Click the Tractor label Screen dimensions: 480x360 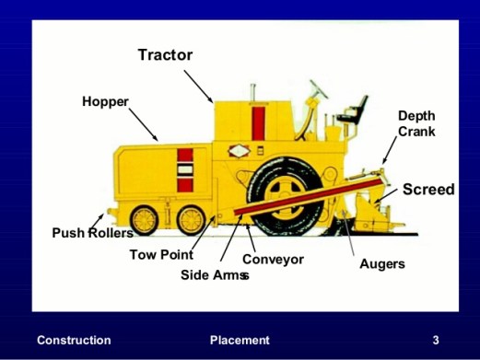tap(166, 55)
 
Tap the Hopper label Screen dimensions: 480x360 tap(105, 102)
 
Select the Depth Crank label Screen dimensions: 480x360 tap(416, 123)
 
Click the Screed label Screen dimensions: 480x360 tap(428, 189)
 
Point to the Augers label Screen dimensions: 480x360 tap(382, 264)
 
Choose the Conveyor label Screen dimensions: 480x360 tap(273, 260)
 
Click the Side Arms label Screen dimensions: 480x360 tap(215, 275)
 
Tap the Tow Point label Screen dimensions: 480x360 tap(161, 255)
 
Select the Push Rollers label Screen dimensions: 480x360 tap(93, 233)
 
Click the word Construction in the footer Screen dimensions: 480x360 tap(74, 341)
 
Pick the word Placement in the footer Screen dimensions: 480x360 tap(240, 341)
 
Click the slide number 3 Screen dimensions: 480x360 tap(436, 341)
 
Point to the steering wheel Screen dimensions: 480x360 tap(319, 89)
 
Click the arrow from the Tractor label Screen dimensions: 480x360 tap(198, 87)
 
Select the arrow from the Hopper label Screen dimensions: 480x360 tap(144, 124)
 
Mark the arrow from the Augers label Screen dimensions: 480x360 tap(348, 234)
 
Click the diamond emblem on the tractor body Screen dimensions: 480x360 tap(239, 151)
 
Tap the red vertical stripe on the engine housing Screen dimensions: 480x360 tap(258, 122)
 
